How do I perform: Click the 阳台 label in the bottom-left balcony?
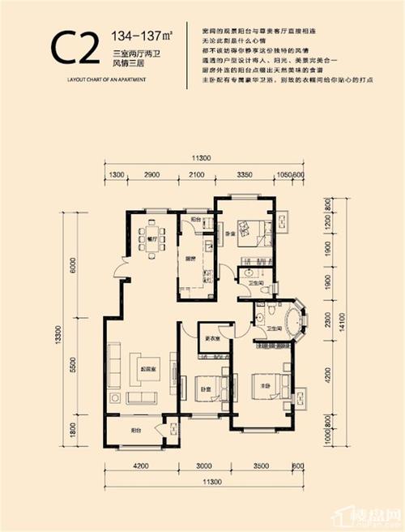[x=134, y=434]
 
